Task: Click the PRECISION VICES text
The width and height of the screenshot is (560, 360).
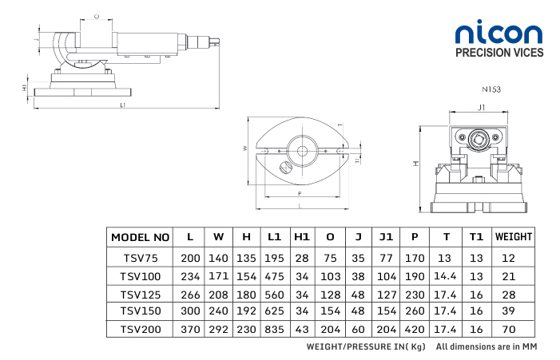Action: point(498,53)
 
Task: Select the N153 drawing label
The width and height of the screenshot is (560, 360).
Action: point(491,90)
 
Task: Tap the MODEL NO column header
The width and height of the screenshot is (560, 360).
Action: point(141,237)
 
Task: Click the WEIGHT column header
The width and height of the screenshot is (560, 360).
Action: point(513,237)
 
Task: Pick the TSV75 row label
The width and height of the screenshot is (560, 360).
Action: point(141,258)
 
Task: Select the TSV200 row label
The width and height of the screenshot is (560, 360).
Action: point(141,329)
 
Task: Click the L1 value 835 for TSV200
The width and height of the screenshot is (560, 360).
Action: point(274,329)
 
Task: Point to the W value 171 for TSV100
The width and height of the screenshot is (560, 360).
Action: point(218,275)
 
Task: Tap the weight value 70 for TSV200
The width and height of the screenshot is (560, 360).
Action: point(509,329)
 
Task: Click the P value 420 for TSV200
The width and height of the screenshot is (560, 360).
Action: point(414,329)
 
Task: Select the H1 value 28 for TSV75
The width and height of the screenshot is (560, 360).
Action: point(302,258)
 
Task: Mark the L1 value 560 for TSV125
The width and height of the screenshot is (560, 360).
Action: point(274,294)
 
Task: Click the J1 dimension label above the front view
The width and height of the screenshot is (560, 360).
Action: point(481,106)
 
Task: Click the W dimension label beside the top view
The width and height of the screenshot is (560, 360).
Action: point(244,148)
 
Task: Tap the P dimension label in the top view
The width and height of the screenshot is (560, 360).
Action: point(299,194)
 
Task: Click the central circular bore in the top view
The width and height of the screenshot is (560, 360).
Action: point(302,150)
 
